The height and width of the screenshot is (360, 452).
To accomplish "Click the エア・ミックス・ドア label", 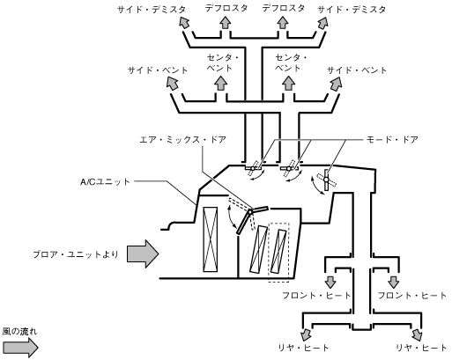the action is coord(182,139).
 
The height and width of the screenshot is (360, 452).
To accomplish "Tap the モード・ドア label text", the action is coord(392,139).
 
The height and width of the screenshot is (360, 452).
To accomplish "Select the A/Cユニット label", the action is coord(105,182).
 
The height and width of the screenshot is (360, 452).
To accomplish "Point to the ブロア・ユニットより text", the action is coord(76,254).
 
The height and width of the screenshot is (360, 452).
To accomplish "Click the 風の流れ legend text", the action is coord(19,332).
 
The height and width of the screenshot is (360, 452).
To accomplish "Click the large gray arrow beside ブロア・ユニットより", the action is coord(143,253).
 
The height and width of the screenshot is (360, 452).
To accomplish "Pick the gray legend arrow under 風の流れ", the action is coord(20,348).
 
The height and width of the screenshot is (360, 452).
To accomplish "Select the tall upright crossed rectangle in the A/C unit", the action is coord(211,239).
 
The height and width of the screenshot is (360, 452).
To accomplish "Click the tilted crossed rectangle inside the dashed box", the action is coord(278,251).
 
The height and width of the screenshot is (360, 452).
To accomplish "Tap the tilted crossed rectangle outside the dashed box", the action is coord(258,249).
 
